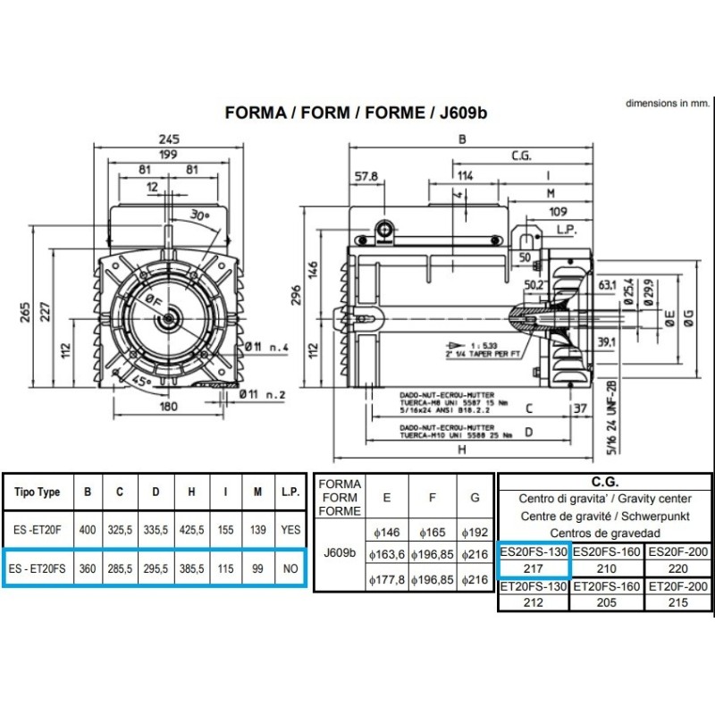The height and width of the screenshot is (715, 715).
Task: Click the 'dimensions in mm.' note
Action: point(666,104)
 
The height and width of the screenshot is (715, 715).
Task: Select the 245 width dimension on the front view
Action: point(170,139)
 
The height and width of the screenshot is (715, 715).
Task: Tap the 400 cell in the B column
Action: point(88,529)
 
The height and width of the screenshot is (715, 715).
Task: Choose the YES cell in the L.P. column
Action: point(290,529)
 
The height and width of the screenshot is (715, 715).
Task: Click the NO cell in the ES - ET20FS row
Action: point(290,567)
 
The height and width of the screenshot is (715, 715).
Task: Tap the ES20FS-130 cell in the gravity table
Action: point(534,551)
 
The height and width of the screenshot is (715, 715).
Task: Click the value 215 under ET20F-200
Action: point(679,602)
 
